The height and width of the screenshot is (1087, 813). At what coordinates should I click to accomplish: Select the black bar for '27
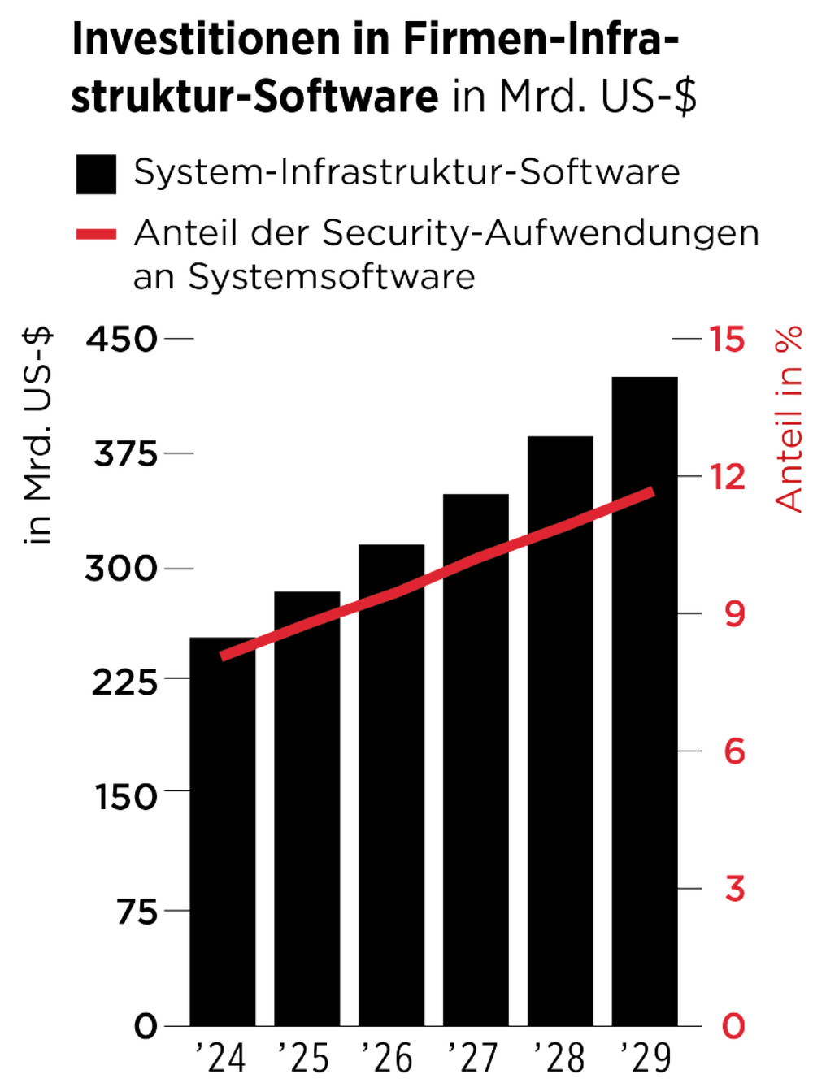pyautogui.click(x=476, y=772)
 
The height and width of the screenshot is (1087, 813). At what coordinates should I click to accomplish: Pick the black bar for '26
pyautogui.click(x=391, y=796)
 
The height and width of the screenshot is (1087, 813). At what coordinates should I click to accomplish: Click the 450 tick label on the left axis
pyautogui.click(x=122, y=339)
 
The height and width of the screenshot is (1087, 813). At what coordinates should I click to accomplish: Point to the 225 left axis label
pyautogui.click(x=124, y=682)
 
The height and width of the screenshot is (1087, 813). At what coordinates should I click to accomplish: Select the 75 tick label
pyautogui.click(x=137, y=912)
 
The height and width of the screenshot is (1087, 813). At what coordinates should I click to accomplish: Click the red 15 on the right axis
pyautogui.click(x=726, y=339)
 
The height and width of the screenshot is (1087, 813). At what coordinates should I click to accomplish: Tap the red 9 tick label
pyautogui.click(x=734, y=614)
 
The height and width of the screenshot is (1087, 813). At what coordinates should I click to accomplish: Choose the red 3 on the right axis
pyautogui.click(x=734, y=889)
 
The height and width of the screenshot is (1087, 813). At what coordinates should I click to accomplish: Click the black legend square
pyautogui.click(x=96, y=175)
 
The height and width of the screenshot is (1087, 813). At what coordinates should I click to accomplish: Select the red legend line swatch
pyautogui.click(x=96, y=235)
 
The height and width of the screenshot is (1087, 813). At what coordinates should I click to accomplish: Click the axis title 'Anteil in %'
pyautogui.click(x=788, y=418)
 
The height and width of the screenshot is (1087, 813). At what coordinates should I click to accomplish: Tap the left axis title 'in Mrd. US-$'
pyautogui.click(x=37, y=435)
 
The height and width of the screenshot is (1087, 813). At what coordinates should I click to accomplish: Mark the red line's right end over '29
pyautogui.click(x=651, y=492)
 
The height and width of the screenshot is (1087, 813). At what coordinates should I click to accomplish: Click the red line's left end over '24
pyautogui.click(x=223, y=656)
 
